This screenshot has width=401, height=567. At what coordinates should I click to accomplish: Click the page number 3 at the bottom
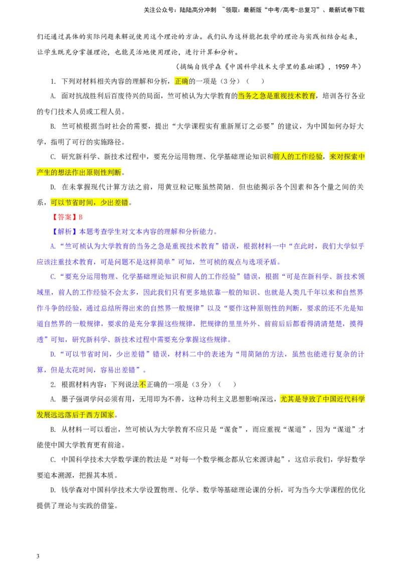click(38, 556)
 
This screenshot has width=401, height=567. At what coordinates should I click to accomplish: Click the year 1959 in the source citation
click(342, 67)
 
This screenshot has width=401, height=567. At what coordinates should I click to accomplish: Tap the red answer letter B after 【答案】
click(80, 217)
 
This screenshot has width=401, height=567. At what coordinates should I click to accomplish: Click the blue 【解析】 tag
click(64, 232)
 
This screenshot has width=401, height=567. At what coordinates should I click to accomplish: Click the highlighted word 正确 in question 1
click(181, 81)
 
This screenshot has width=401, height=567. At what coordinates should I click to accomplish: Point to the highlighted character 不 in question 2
click(142, 384)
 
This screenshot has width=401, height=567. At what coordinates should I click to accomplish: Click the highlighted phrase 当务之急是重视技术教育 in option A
click(277, 96)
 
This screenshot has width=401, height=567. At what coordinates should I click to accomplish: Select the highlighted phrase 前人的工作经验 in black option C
click(298, 157)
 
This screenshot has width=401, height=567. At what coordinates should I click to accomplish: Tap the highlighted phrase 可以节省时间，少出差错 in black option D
click(89, 202)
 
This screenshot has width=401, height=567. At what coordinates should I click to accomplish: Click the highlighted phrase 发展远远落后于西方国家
click(75, 415)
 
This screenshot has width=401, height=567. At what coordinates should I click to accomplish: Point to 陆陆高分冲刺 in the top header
click(197, 10)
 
